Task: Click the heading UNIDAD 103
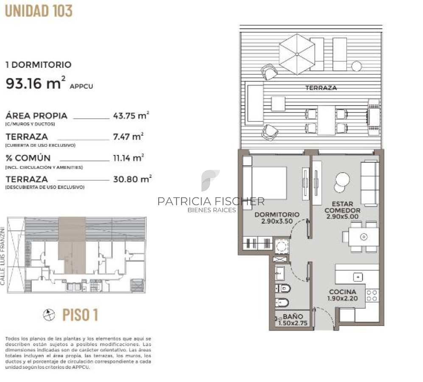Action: point(39,11)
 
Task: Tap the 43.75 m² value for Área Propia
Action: point(131,115)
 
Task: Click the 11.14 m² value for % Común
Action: point(128,158)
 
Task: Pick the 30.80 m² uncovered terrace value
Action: point(132,179)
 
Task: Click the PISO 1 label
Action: point(80,315)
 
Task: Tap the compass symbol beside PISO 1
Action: point(50,315)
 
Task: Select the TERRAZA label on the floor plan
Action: point(321,88)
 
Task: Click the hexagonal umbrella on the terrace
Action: point(297,53)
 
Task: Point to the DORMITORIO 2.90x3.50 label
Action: point(277,218)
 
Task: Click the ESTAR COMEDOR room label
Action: point(342,210)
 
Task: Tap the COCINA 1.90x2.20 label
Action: point(342,295)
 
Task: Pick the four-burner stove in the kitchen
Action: point(372,295)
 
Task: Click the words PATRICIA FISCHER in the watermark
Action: point(211,201)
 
